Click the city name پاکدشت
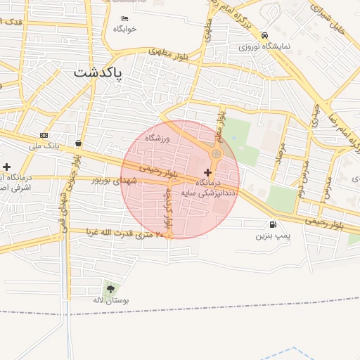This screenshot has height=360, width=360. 98,73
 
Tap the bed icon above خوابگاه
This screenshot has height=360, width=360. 125,19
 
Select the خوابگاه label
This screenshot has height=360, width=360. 124,29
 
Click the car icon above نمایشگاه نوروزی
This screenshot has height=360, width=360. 264,35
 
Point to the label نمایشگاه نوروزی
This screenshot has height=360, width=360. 264,47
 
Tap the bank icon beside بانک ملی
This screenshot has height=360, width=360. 44,135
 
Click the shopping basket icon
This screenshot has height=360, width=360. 77,143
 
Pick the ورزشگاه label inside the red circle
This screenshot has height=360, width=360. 158,139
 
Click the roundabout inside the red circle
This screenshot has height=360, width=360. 217,154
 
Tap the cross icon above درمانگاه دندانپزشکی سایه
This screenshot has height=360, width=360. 207,172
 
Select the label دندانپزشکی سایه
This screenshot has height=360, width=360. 209,191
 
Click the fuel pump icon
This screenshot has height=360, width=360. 272,225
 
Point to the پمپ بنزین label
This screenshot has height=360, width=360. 272,236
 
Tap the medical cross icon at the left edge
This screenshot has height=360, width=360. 6,167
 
